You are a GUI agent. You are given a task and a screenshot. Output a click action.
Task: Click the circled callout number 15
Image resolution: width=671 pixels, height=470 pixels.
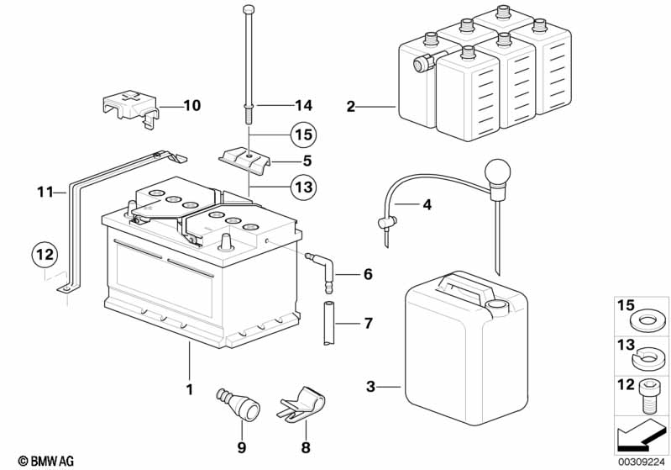coord(303,135)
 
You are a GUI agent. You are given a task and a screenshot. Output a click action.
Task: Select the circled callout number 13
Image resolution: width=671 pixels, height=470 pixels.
coord(303,187)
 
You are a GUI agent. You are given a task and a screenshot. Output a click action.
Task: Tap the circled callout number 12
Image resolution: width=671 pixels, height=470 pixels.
coord(45,255)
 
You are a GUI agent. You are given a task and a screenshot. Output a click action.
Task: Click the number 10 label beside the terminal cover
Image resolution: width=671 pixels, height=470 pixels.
coord(192,105)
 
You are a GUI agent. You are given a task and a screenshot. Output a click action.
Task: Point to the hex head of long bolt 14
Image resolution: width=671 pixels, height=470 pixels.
coord(249,9)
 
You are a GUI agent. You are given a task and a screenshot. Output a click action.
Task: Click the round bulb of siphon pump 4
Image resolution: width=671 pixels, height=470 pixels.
coord(497,171)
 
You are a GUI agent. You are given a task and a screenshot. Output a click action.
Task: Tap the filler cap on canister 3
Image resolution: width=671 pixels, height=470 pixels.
coord(497,306)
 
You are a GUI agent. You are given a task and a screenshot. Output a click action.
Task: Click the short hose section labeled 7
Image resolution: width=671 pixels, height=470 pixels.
coord(329,323)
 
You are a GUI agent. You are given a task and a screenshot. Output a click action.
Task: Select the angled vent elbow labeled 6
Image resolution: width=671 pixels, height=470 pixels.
coord(322,272)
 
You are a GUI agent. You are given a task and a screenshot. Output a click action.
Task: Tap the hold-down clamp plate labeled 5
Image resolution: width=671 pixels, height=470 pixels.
coord(246,161)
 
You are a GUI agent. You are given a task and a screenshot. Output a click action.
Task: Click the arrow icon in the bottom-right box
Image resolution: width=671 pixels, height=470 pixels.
coord(639,435)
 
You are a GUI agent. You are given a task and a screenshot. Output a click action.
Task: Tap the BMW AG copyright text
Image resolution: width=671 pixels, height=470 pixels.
coord(46,461)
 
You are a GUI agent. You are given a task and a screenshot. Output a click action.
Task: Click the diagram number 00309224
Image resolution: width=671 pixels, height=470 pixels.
coord(642,462)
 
